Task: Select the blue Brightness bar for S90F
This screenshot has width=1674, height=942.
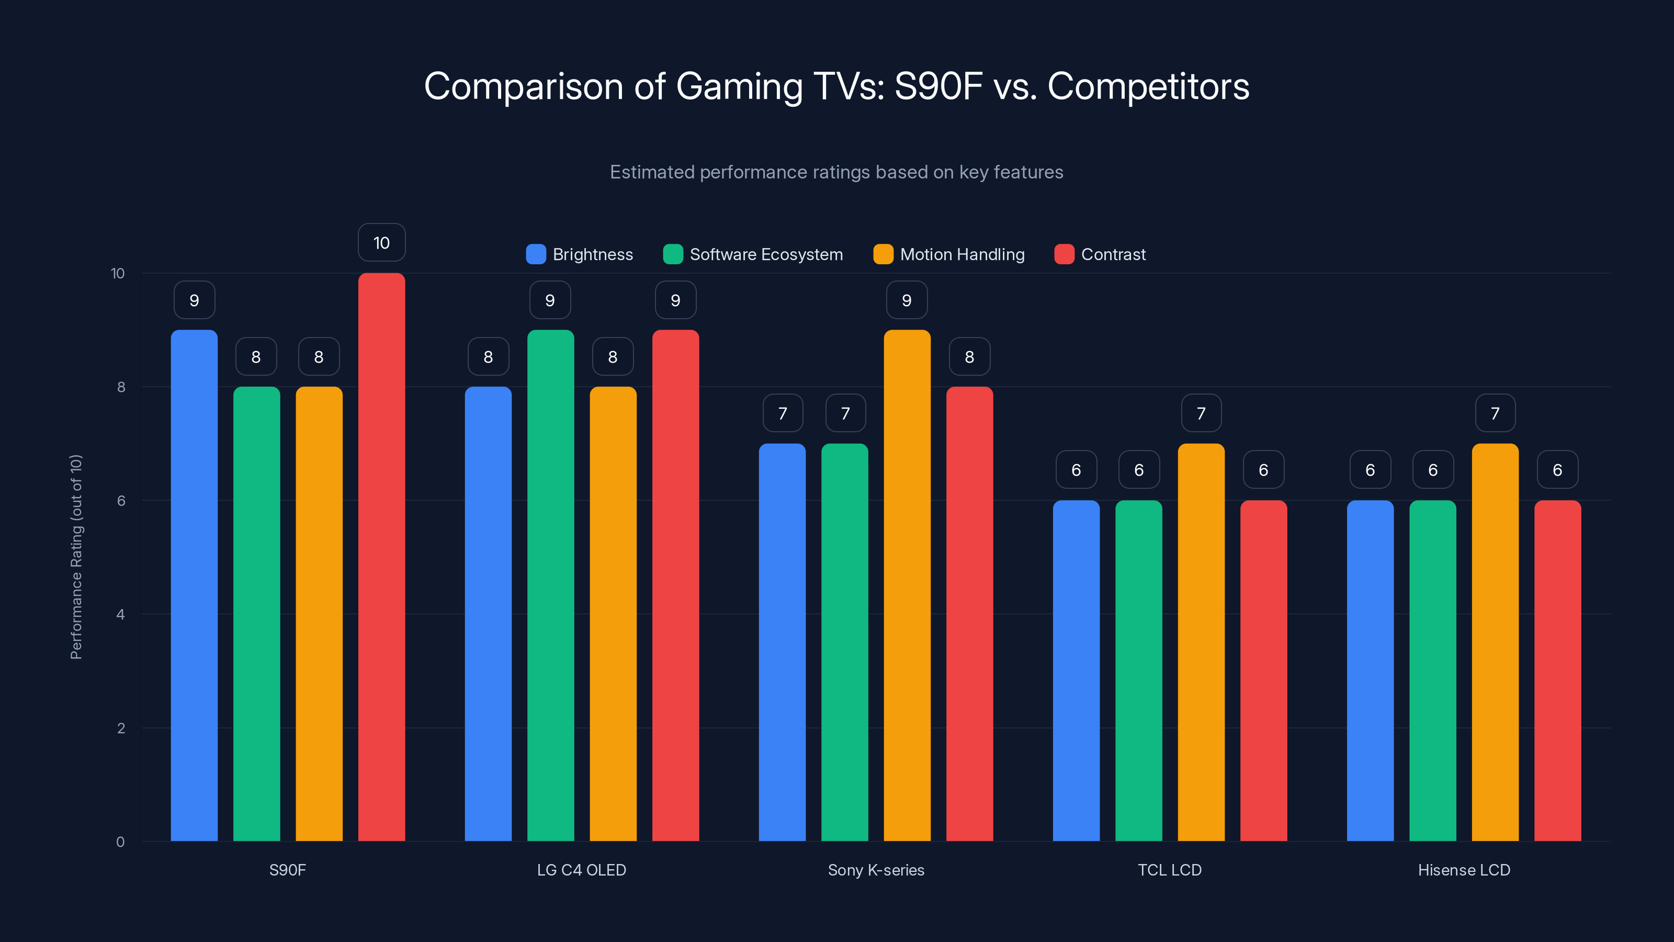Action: (x=194, y=585)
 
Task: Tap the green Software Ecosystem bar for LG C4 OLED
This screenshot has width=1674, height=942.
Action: (x=550, y=585)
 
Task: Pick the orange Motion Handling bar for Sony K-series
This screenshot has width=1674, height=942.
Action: (x=907, y=585)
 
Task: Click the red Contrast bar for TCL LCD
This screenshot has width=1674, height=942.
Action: (x=1263, y=670)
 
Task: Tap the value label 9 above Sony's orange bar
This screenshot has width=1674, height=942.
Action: (x=907, y=300)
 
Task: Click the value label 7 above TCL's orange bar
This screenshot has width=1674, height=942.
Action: (x=1201, y=413)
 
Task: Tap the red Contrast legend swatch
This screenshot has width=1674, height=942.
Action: (x=1064, y=254)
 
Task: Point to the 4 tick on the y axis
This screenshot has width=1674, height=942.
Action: (x=120, y=614)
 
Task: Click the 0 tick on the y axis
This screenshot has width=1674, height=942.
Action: (x=120, y=842)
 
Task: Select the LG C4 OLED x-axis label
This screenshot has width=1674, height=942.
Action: (x=581, y=870)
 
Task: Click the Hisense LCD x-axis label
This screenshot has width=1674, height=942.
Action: (x=1464, y=870)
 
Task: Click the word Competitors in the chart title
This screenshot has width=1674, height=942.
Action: (x=1148, y=86)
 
